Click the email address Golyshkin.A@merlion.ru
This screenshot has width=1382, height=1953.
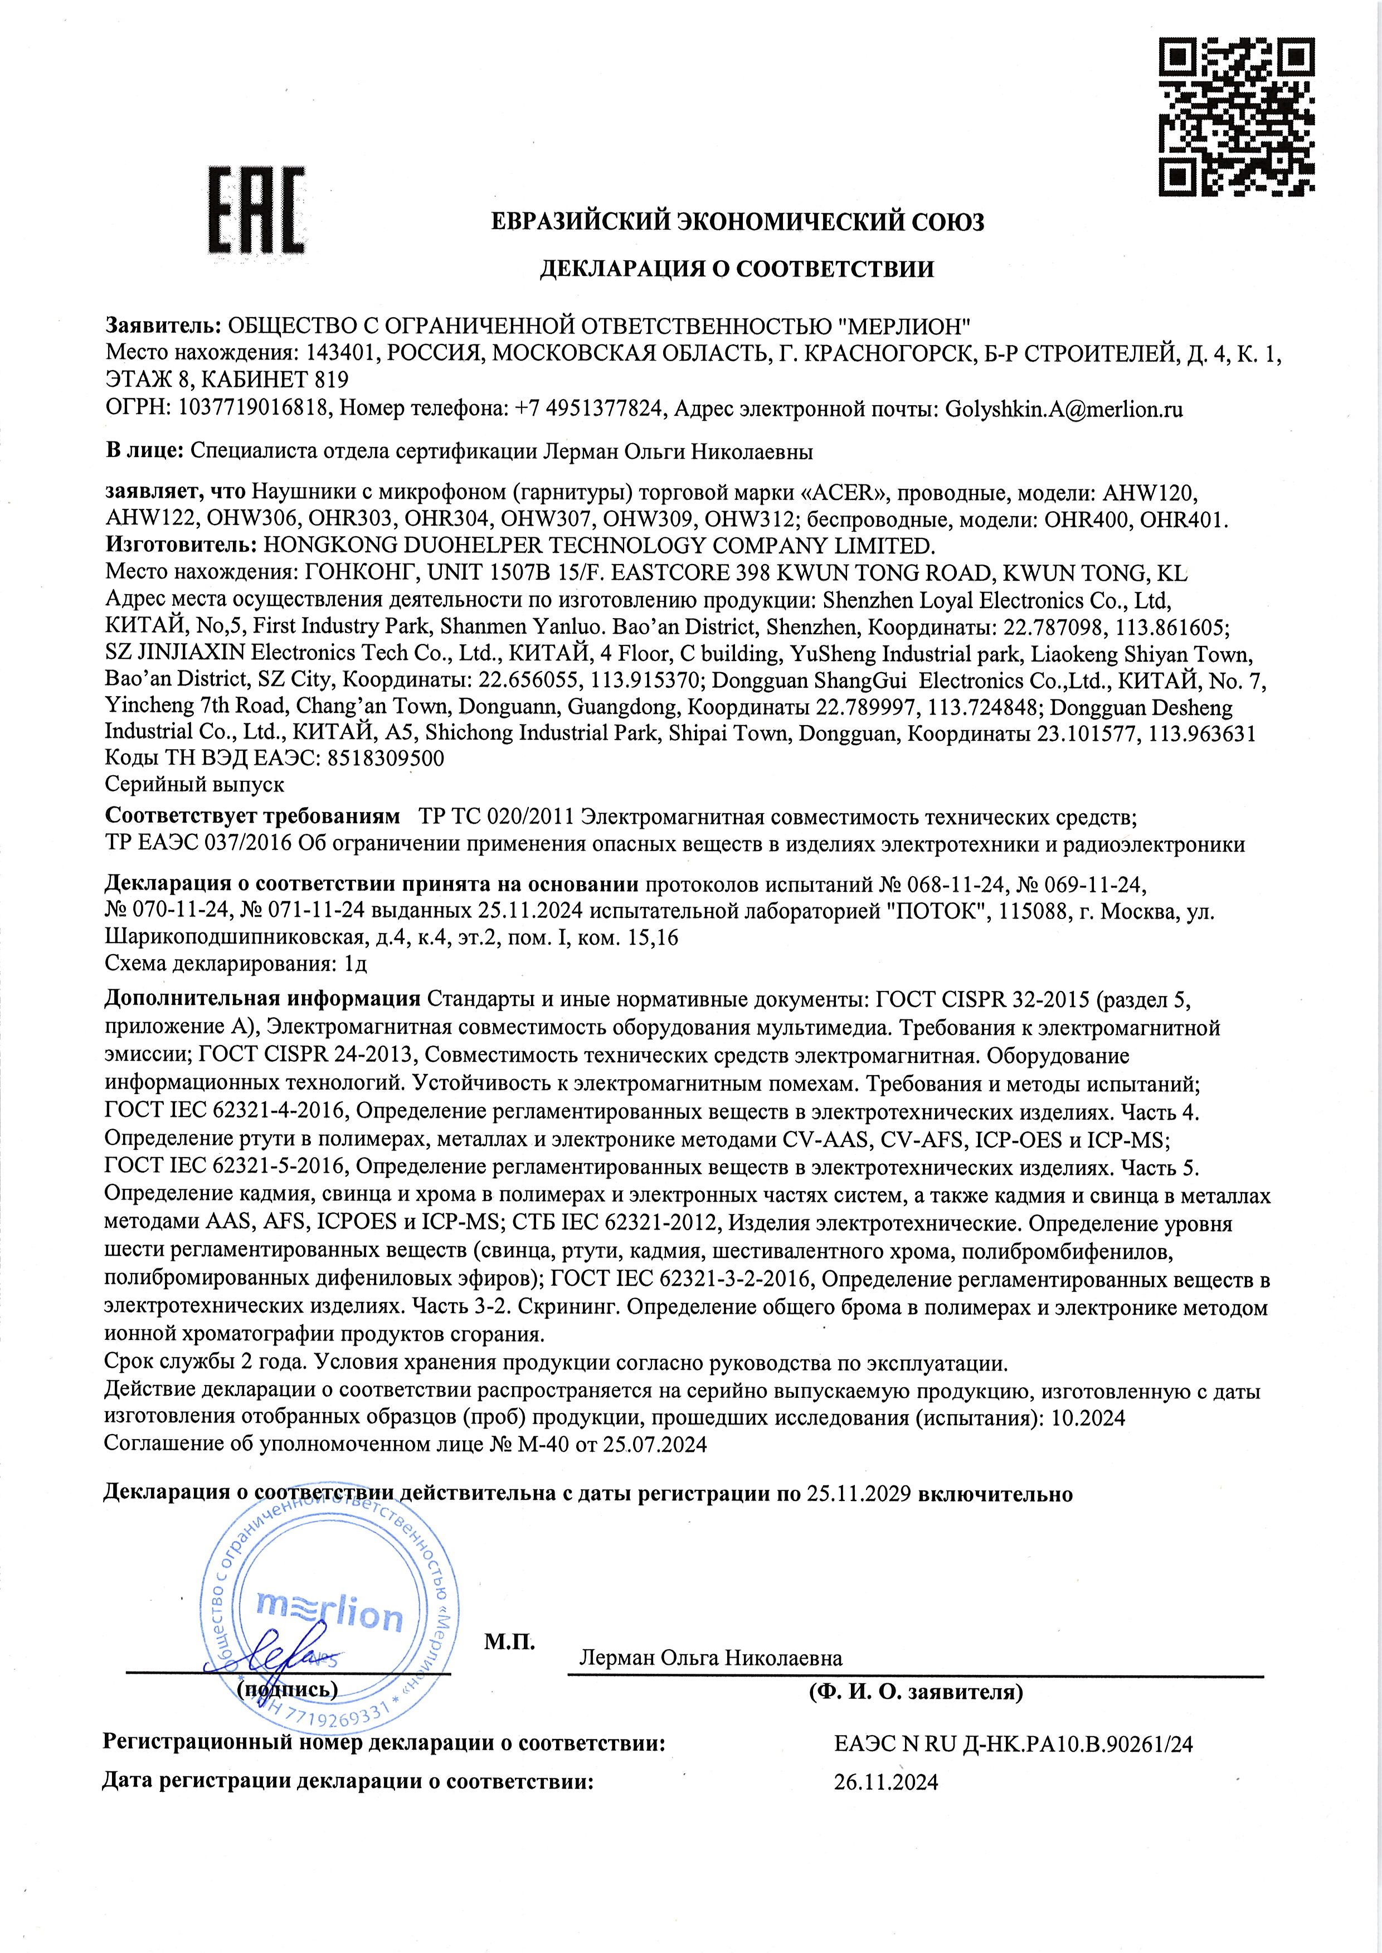pyautogui.click(x=1064, y=409)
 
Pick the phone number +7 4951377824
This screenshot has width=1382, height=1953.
pyautogui.click(x=588, y=409)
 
